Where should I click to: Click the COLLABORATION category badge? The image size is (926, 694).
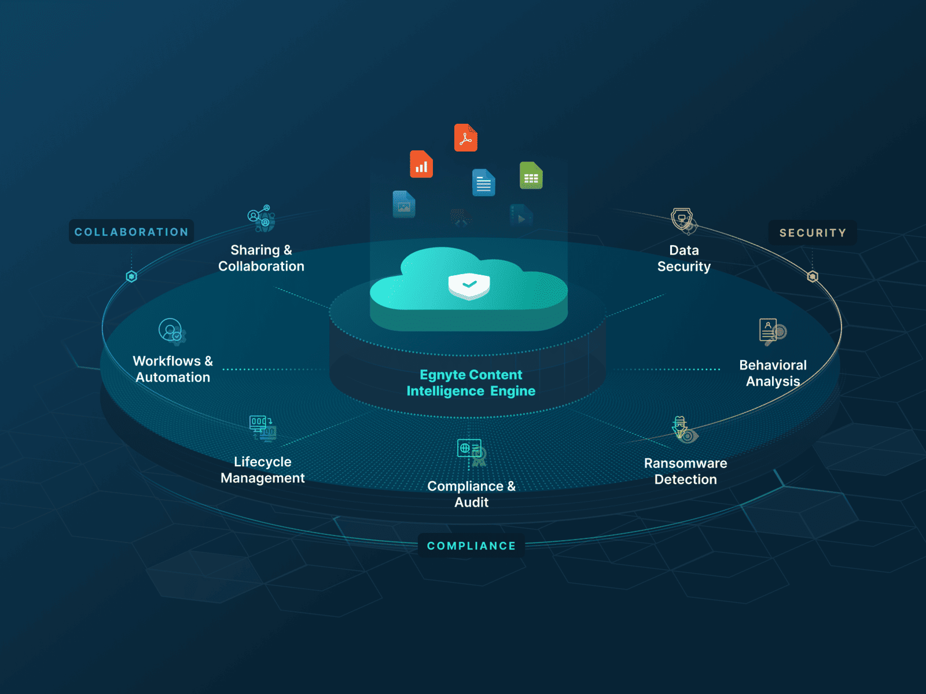[131, 231]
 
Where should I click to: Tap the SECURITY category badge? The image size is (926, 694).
[813, 232]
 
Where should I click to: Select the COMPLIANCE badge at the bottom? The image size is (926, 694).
[471, 546]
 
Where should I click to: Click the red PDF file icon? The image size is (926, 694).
[466, 138]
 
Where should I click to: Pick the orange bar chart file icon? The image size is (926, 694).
[421, 164]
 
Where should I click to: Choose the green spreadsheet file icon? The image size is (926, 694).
[531, 175]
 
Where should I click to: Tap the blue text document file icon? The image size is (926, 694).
[483, 182]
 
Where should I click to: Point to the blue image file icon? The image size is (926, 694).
[404, 204]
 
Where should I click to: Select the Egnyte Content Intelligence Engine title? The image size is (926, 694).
[471, 383]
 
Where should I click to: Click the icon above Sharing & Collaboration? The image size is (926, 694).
[261, 218]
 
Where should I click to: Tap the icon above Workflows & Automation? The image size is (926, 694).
[172, 332]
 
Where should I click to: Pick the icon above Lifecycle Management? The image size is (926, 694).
[262, 428]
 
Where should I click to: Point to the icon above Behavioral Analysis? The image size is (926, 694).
[773, 332]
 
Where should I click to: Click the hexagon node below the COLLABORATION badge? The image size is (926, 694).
[131, 276]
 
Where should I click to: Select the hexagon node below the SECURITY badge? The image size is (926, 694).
[813, 276]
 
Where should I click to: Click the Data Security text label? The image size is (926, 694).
[684, 259]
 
